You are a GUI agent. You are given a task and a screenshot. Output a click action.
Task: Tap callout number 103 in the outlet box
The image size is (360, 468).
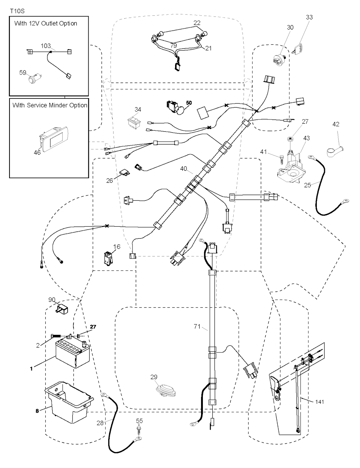coord(46,46)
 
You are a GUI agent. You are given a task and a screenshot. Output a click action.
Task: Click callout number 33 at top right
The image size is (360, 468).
coord(309,17)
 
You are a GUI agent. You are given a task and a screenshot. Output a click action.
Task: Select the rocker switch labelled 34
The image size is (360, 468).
coord(134,122)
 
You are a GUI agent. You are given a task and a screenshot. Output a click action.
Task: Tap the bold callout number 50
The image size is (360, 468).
coord(189,103)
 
